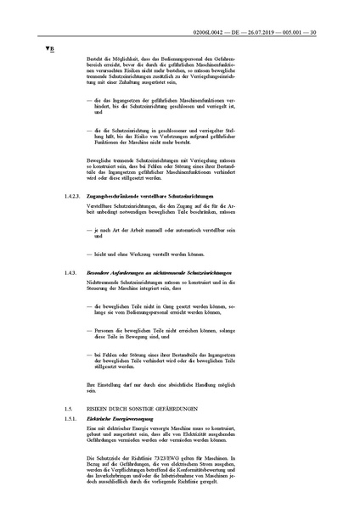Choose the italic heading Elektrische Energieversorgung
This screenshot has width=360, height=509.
117,419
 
